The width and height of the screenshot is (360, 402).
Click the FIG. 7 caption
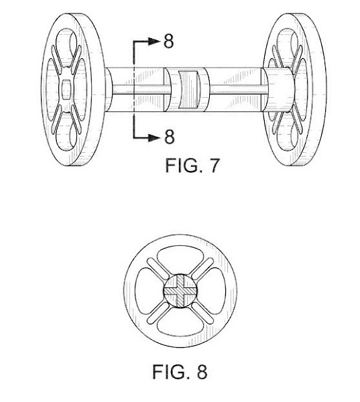(192, 165)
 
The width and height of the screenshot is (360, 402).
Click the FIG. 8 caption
(180, 372)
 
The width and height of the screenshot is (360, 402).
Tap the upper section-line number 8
(168, 41)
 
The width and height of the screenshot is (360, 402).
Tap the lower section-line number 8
(170, 137)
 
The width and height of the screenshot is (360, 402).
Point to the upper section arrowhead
(154, 42)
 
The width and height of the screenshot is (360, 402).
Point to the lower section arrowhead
(154, 138)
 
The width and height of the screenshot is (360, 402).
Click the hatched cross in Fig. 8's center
(180, 291)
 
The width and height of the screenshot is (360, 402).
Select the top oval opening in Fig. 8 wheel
(181, 259)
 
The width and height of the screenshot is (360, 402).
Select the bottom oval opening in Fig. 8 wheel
(180, 323)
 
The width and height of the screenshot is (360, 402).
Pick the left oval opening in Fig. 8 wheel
(148, 291)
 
